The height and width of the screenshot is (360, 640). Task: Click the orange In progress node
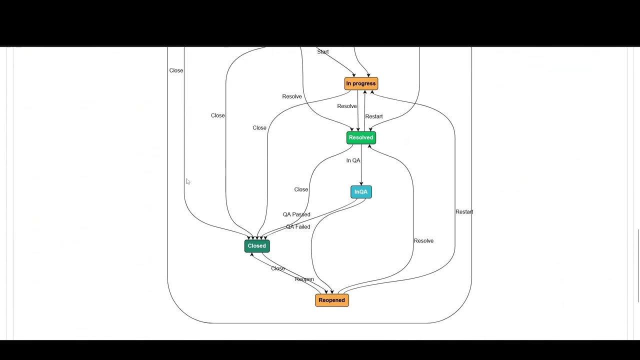(x=361, y=83)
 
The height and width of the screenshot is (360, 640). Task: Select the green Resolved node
(x=361, y=137)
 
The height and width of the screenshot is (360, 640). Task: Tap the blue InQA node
(x=361, y=192)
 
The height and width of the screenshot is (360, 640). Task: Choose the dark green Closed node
(x=257, y=246)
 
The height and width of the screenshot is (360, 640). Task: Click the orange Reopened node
(x=332, y=300)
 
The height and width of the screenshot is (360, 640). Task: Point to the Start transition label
(x=323, y=52)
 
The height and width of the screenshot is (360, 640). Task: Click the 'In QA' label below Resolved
(x=353, y=160)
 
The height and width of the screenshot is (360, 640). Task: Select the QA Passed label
(x=296, y=214)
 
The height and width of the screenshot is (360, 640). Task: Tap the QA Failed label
(x=298, y=227)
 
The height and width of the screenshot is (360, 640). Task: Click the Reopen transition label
(x=304, y=279)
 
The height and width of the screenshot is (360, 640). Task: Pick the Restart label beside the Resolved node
(x=374, y=116)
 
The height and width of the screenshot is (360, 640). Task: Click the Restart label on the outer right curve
(x=464, y=212)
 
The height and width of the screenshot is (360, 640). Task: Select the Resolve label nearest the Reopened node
(x=423, y=241)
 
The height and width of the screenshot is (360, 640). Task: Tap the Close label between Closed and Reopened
(x=278, y=268)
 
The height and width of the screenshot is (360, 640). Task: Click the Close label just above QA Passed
(x=301, y=189)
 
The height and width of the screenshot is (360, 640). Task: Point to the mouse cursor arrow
(x=188, y=181)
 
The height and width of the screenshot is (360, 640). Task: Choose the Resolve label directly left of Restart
(x=347, y=106)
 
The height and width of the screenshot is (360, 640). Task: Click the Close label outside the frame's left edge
(x=176, y=70)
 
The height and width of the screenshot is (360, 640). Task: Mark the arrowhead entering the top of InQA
(x=361, y=184)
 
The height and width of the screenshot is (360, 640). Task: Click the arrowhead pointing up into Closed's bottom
(x=251, y=255)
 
